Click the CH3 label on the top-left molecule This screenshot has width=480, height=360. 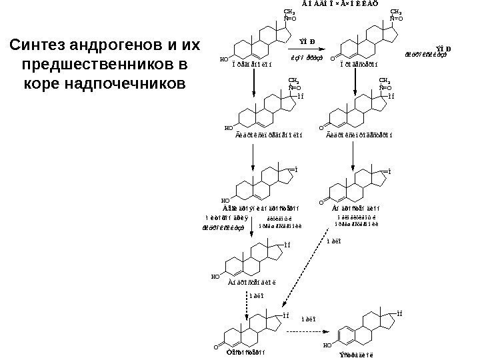pos(289,12)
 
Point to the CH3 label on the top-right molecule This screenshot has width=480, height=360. pos(395,12)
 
